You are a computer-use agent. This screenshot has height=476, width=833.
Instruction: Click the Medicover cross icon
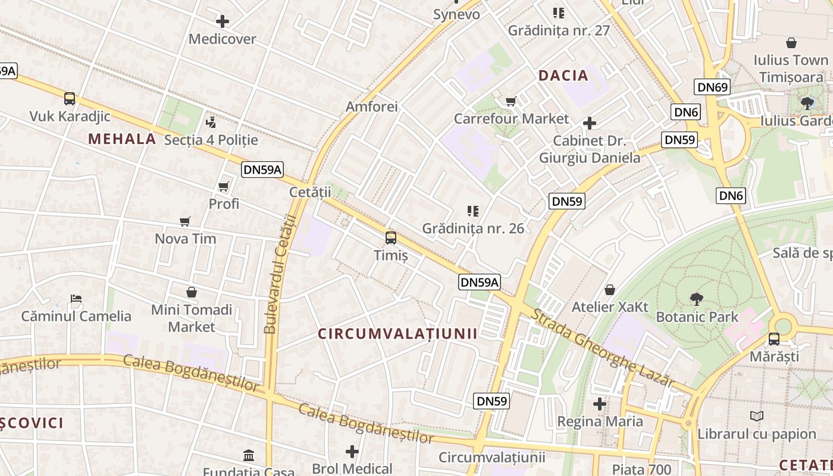pyautogui.click(x=222, y=22)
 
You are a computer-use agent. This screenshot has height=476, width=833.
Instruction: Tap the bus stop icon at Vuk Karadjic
pyautogui.click(x=70, y=99)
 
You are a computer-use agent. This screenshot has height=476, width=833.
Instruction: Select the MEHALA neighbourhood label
pyautogui.click(x=122, y=139)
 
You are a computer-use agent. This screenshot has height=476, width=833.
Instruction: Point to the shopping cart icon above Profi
pyautogui.click(x=224, y=187)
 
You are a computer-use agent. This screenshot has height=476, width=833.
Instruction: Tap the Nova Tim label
pyautogui.click(x=185, y=239)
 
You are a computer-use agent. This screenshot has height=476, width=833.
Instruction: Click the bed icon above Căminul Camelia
pyautogui.click(x=76, y=298)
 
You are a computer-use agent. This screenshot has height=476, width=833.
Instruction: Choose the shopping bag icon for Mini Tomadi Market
pyautogui.click(x=192, y=292)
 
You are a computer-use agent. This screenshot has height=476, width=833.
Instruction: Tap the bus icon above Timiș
pyautogui.click(x=391, y=238)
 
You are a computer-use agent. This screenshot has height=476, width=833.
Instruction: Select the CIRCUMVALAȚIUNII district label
pyautogui.click(x=397, y=334)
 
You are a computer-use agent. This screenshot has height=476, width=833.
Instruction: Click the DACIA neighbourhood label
pyautogui.click(x=563, y=76)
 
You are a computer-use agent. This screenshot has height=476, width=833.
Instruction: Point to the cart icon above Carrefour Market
pyautogui.click(x=511, y=101)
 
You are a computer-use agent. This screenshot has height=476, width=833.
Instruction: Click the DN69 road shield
pyautogui.click(x=712, y=87)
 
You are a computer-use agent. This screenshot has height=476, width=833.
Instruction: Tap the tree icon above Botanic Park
pyautogui.click(x=696, y=299)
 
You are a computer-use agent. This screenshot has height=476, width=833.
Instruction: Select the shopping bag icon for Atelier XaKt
pyautogui.click(x=610, y=290)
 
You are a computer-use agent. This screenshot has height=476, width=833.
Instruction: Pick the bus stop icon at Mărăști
pyautogui.click(x=774, y=339)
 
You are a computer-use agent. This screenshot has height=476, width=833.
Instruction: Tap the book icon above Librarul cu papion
pyautogui.click(x=756, y=416)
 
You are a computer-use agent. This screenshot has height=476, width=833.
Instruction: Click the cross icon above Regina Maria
pyautogui.click(x=600, y=404)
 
